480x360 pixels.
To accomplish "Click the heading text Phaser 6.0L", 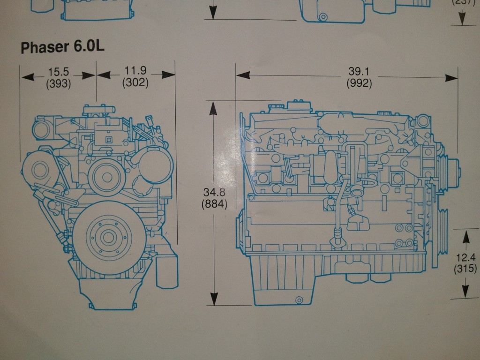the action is (x=62, y=47).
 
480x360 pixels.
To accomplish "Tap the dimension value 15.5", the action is (x=59, y=72).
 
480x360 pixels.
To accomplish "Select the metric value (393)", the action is (x=59, y=83).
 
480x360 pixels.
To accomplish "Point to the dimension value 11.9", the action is (x=135, y=71).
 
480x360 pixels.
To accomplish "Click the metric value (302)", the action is (x=135, y=82).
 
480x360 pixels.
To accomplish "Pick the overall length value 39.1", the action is (x=359, y=72).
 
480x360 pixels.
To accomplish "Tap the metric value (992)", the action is (x=359, y=83).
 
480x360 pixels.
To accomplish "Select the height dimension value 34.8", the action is (x=214, y=192).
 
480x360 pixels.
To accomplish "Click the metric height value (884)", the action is (x=214, y=204).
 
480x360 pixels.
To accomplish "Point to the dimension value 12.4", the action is (x=465, y=257).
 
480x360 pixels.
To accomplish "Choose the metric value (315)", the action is (x=465, y=269).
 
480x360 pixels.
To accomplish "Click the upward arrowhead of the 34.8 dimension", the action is (x=213, y=109).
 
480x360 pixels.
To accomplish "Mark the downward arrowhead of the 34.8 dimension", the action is (x=214, y=299).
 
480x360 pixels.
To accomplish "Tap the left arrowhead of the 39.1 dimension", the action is (x=243, y=75).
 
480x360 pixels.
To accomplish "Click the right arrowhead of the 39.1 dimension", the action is (x=451, y=78).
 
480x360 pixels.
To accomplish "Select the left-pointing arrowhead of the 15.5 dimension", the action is (x=28, y=76).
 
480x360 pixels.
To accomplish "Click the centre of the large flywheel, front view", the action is (x=108, y=237).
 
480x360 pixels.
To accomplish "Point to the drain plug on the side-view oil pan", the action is (x=299, y=300).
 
